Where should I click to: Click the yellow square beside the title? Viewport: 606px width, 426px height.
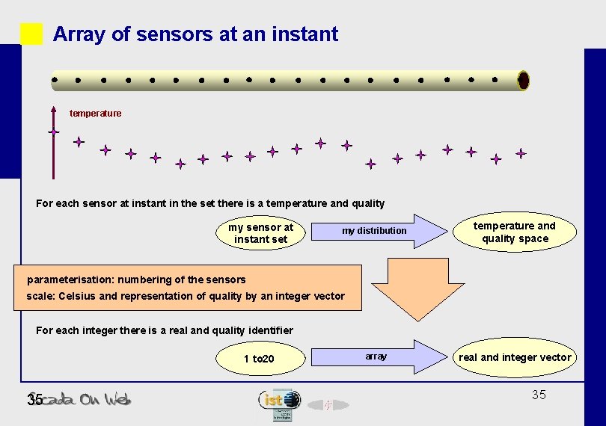(x=31, y=34)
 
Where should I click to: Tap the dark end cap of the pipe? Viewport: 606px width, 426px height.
(x=523, y=80)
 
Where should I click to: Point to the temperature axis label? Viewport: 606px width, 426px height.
(x=95, y=114)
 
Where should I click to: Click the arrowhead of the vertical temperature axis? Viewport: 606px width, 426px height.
(x=54, y=110)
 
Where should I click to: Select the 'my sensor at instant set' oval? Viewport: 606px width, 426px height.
(x=260, y=233)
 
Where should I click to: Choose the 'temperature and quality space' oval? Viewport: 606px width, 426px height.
(x=515, y=232)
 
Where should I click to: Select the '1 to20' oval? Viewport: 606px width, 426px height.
(x=259, y=359)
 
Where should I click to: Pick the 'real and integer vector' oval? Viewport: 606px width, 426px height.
(x=515, y=358)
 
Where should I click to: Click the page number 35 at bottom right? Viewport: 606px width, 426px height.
(x=539, y=395)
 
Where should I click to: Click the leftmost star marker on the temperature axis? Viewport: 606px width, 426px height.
(x=54, y=132)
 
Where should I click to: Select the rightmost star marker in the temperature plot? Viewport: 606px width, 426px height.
(x=521, y=153)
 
